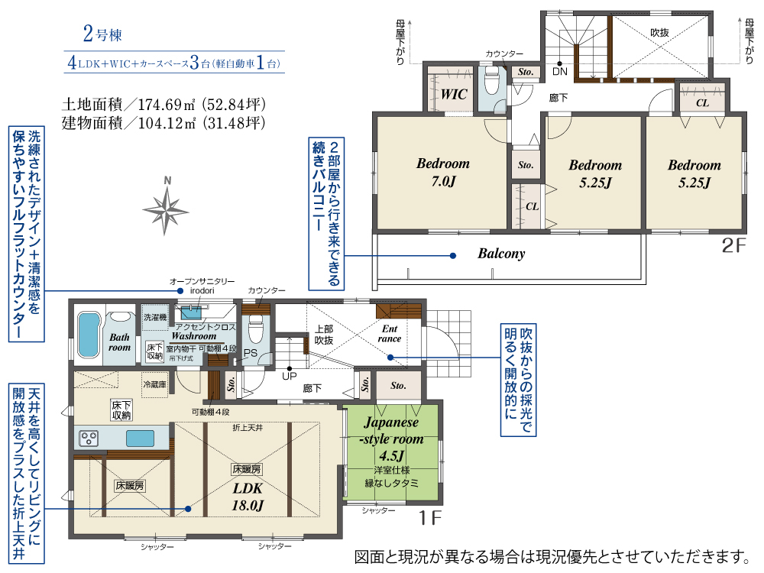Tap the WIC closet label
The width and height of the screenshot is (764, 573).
pos(454,94)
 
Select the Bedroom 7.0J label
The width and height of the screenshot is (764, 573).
pos(443,173)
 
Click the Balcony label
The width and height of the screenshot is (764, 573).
pos(501,254)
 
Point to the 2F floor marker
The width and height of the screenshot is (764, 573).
pos(733,245)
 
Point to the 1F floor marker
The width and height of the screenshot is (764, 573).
pos(430,518)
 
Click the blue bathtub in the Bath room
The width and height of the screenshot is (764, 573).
pos(89,335)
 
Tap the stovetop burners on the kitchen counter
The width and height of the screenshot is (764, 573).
pos(89,438)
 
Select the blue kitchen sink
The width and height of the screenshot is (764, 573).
pos(141,438)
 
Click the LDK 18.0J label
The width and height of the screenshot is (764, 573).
pos(248,497)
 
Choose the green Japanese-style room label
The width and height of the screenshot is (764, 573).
pos(392,439)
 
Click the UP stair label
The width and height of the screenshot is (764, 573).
pos(290,376)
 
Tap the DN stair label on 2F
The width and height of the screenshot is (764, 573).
pos(560,71)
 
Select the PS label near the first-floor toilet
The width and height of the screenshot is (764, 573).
pos(250,353)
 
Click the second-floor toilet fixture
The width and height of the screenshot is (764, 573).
pos(491,80)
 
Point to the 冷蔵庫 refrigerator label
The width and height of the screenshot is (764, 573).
pos(154,384)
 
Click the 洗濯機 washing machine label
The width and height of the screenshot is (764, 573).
pos(155,317)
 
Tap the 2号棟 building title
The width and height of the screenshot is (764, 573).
pos(102,34)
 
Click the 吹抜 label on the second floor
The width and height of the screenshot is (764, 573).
pos(659,33)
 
